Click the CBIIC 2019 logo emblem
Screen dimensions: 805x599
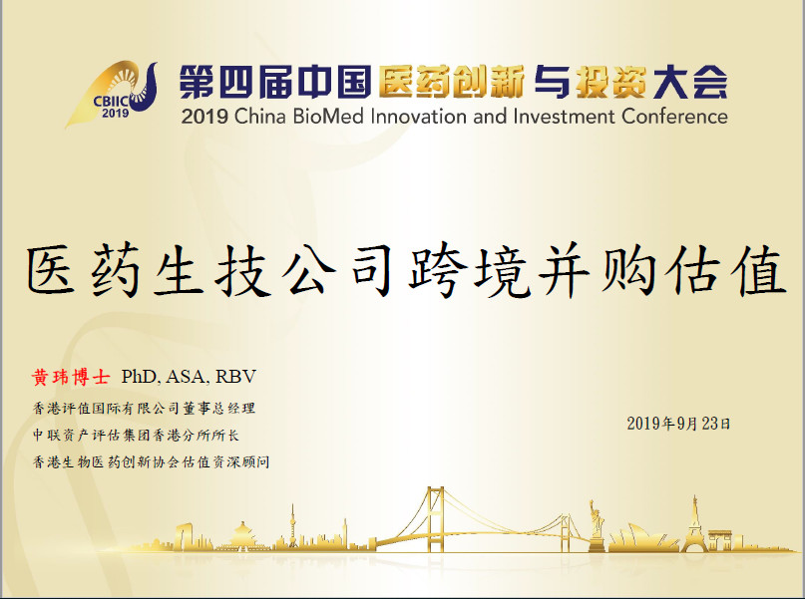coord(112,94)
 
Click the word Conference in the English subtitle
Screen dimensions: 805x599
coord(674,117)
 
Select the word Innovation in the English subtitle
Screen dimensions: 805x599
coord(419,117)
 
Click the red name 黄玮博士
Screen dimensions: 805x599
coord(71,377)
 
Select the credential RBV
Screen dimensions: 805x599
coord(235,377)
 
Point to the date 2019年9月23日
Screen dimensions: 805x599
coord(678,424)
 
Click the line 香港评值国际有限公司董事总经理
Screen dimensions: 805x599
coord(144,409)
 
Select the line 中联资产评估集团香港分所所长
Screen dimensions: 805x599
coord(136,436)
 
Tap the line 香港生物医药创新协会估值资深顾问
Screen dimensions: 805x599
coord(151,462)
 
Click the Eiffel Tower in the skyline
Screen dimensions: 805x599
coord(694,524)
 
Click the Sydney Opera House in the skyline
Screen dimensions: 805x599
coord(643,538)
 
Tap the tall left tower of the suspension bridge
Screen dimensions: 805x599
coord(435,519)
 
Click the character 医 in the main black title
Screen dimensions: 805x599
coord(51,269)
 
